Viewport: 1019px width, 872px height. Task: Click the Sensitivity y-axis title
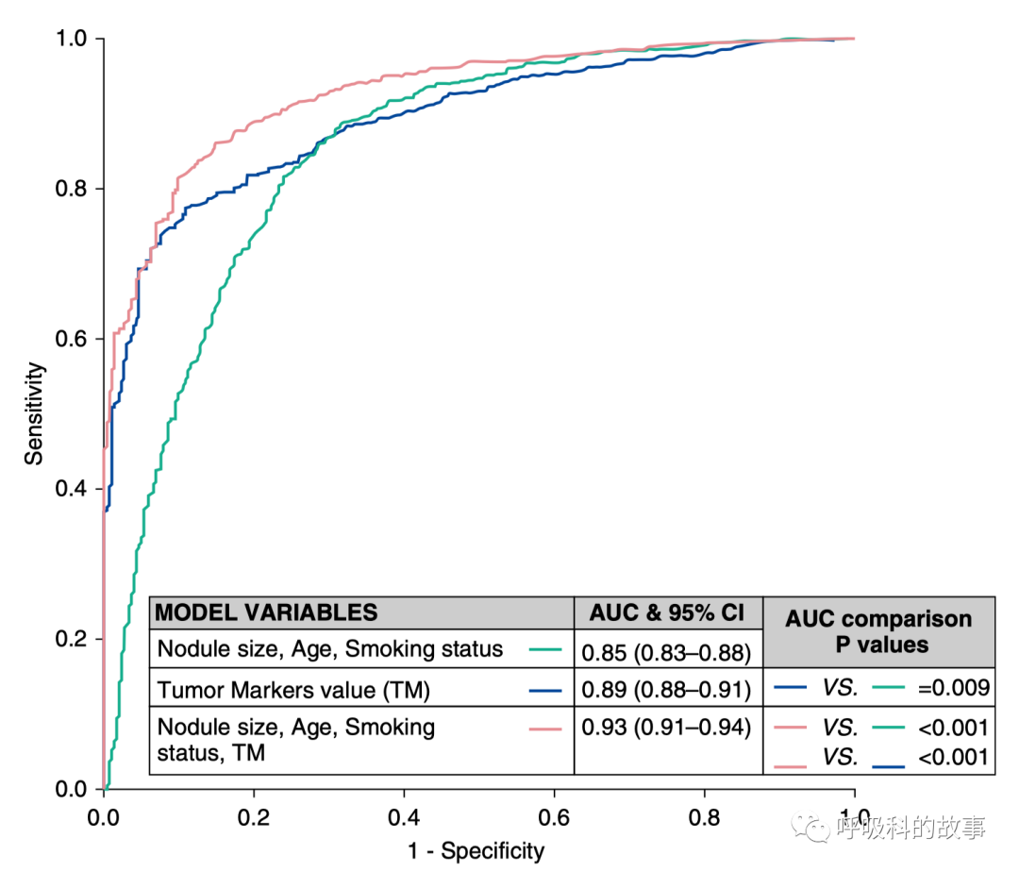35,415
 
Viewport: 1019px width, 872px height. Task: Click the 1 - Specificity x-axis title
476,851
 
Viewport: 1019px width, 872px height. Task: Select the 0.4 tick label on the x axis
404,814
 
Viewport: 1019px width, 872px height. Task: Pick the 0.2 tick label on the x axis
254,814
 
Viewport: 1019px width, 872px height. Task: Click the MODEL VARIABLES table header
266,612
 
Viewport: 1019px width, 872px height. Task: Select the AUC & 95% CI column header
667,612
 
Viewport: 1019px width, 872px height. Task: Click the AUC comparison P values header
878,631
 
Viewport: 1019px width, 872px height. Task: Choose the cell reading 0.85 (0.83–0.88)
666,651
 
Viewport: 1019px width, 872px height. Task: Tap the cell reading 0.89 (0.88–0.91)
666,691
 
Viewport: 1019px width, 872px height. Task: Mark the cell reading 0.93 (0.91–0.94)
666,728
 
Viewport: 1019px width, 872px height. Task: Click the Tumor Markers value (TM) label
293,691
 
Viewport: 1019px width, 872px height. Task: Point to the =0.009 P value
953,688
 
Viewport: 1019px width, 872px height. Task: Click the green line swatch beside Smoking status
545,650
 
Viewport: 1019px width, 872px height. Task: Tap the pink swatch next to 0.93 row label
545,728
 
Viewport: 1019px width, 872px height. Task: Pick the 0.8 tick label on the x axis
705,814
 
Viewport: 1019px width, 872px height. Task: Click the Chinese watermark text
910,829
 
